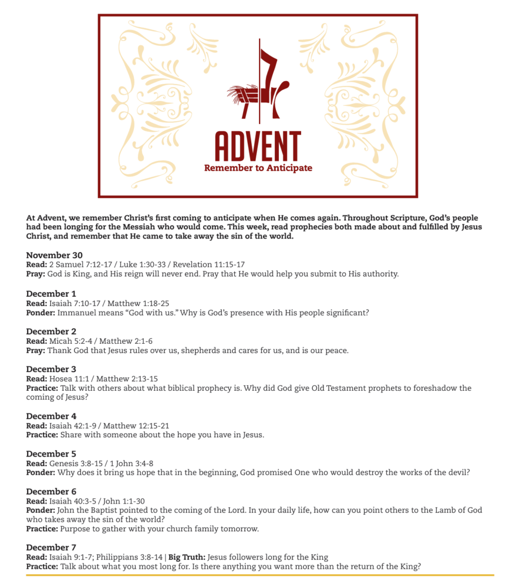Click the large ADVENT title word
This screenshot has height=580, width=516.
[257, 146]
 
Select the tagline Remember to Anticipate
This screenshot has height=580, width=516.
[258, 168]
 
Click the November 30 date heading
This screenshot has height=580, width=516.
[54, 255]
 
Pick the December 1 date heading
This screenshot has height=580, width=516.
[51, 293]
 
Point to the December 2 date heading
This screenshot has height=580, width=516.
[51, 331]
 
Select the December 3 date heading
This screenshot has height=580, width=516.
[51, 369]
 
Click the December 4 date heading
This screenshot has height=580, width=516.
[51, 416]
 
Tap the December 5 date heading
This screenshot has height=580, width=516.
[51, 454]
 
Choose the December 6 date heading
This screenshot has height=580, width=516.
[51, 492]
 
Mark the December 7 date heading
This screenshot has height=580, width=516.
[51, 547]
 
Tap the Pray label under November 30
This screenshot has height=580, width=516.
[36, 274]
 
